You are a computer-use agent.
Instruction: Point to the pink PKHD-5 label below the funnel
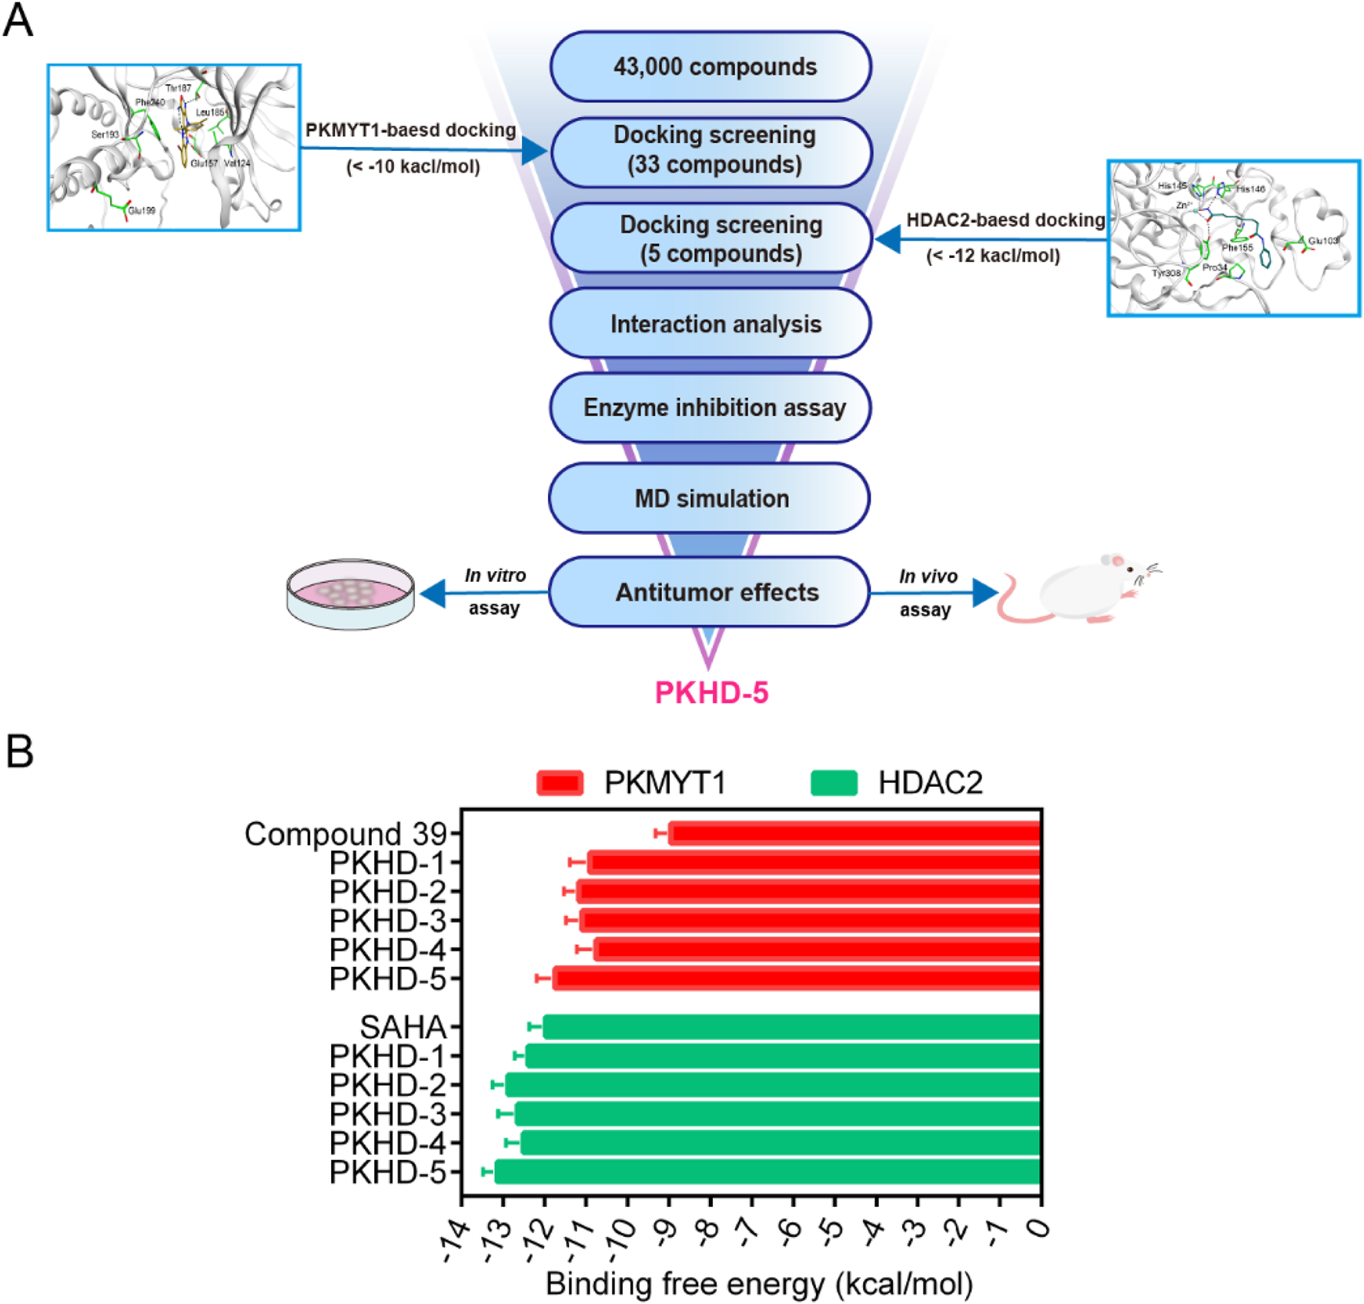click(x=711, y=693)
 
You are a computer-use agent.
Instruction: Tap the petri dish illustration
click(x=350, y=594)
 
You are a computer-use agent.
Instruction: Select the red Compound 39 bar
click(x=854, y=833)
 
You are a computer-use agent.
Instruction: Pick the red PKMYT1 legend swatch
click(x=560, y=783)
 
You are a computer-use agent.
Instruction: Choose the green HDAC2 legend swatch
click(x=834, y=783)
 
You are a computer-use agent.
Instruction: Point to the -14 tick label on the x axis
click(x=456, y=1241)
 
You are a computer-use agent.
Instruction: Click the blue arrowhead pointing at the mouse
click(x=985, y=593)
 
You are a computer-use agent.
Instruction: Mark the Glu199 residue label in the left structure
click(x=141, y=210)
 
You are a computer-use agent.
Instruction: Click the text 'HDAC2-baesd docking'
click(x=1005, y=220)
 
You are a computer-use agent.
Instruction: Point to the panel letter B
click(x=20, y=751)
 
